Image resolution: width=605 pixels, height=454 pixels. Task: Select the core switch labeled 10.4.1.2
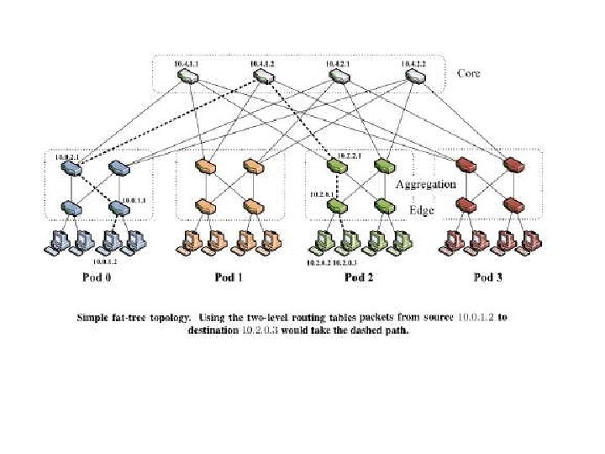(x=263, y=77)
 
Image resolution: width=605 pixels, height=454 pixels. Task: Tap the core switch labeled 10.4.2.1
(x=339, y=77)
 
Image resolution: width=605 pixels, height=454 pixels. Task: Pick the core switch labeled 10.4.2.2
(x=415, y=77)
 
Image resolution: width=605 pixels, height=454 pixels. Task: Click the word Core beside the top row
(x=468, y=73)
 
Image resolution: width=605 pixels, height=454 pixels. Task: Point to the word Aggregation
(x=425, y=183)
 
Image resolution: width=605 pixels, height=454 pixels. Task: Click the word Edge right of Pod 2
(x=421, y=210)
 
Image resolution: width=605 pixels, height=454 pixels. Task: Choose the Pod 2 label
(x=358, y=277)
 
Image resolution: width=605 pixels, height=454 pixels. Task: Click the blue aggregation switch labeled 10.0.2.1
(x=70, y=166)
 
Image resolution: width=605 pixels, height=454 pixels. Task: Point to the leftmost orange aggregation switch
(x=203, y=166)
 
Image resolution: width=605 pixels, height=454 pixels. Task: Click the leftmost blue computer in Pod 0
(x=57, y=241)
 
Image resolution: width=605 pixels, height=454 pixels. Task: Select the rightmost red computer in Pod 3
(x=529, y=241)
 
